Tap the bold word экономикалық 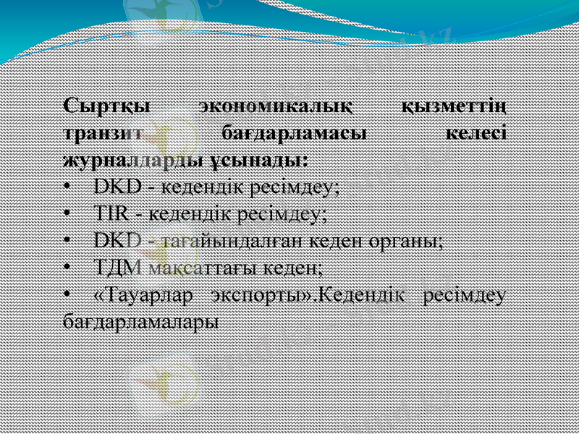tap(276, 107)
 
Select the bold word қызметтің tap(453, 107)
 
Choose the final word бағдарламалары tap(140, 320)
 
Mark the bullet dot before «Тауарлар tap(67, 294)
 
